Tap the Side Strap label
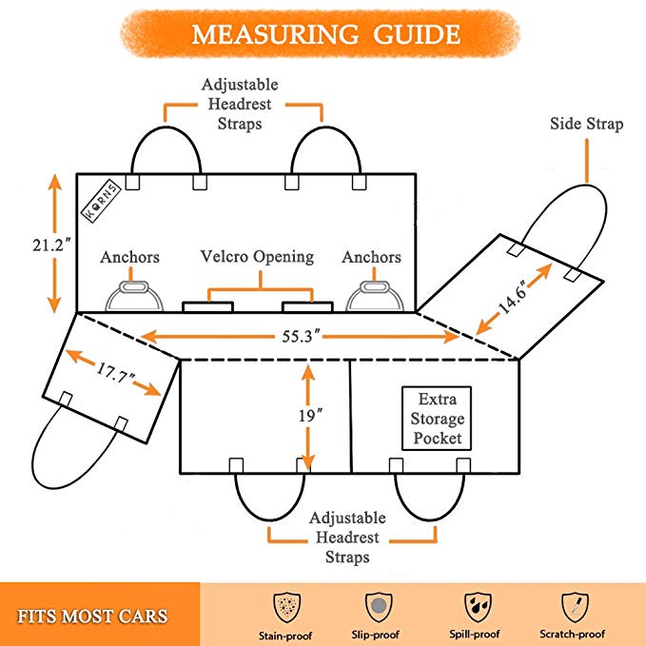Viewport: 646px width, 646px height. [586, 125]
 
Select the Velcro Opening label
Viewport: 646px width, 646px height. [257, 257]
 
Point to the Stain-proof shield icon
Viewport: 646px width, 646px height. [285, 604]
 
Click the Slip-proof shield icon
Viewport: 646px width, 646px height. [379, 604]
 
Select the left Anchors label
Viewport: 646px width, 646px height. [130, 257]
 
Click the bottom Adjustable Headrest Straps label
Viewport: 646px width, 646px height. [346, 538]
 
